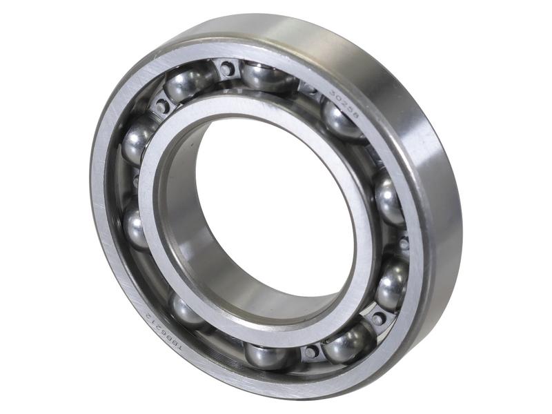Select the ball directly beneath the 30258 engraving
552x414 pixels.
click(343, 121)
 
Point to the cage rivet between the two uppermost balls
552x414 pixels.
click(226, 68)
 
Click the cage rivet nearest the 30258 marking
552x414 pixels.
click(310, 88)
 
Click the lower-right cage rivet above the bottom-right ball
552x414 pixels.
click(378, 318)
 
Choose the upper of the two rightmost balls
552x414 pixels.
click(389, 200)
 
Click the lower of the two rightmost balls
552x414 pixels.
click(391, 282)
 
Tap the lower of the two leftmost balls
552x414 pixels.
click(135, 227)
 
